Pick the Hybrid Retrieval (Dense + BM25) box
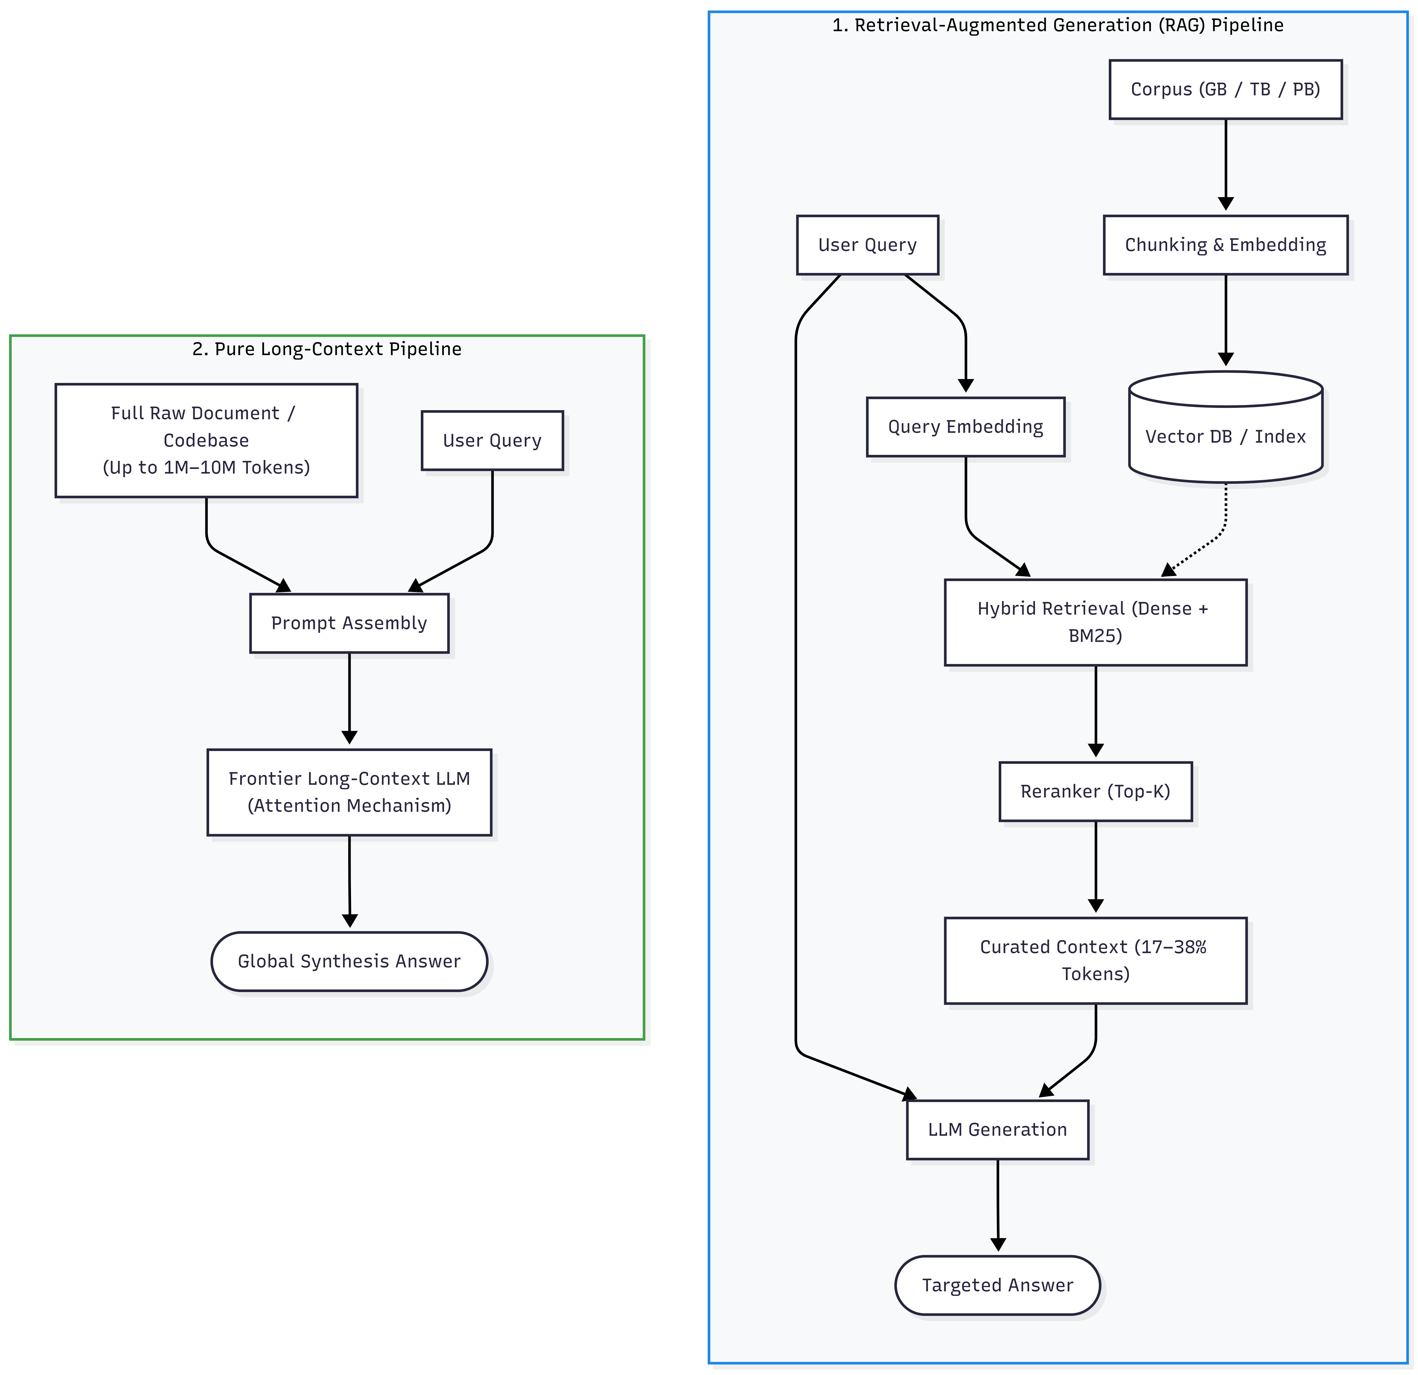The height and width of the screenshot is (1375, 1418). point(1095,622)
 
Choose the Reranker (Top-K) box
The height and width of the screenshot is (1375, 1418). point(1095,791)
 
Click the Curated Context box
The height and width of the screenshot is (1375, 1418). point(1095,961)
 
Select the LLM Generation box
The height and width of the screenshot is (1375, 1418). point(998,1130)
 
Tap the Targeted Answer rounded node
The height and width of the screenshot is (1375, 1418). point(998,1285)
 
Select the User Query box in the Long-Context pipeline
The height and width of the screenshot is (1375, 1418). point(492,441)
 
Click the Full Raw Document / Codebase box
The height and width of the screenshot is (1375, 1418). point(206,441)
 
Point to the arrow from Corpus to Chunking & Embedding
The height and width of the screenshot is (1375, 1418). point(1225,165)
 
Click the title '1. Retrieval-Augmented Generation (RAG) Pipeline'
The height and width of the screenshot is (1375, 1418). point(1058,25)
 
